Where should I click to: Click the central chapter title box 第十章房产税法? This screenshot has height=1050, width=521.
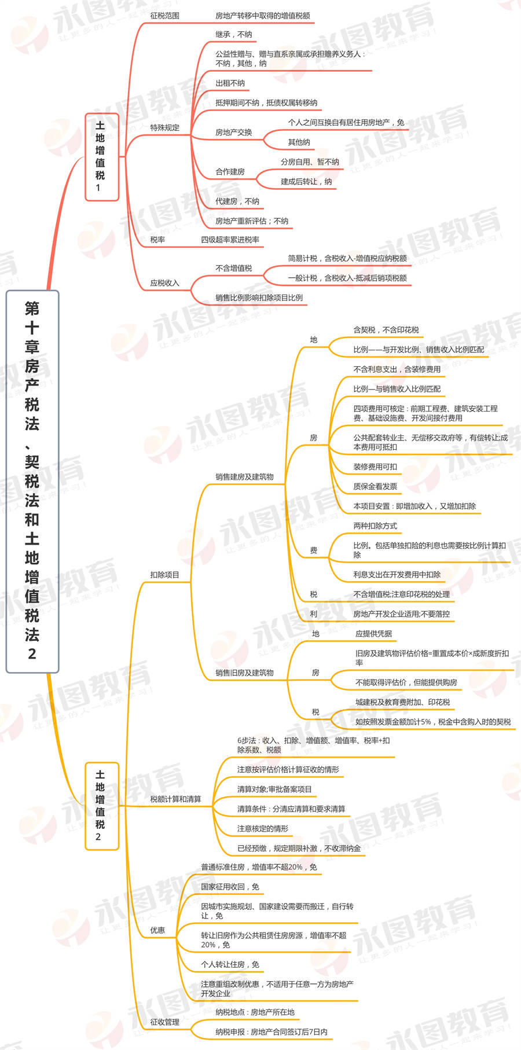(x=32, y=481)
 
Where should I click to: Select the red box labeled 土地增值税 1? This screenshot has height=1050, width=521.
(x=102, y=157)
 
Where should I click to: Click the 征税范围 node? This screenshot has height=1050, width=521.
(x=164, y=16)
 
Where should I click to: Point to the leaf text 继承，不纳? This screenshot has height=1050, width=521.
(x=233, y=35)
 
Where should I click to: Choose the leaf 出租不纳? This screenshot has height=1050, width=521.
(x=230, y=83)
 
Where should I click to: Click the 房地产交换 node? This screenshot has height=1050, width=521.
(x=233, y=133)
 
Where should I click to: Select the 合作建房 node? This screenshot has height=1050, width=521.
(x=230, y=172)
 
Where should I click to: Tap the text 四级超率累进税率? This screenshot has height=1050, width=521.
(x=230, y=240)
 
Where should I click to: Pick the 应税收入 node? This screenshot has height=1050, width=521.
(x=164, y=283)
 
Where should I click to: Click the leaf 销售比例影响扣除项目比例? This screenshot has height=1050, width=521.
(x=259, y=298)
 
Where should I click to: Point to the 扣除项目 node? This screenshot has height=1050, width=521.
(x=164, y=575)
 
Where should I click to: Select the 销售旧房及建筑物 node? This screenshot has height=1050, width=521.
(x=244, y=673)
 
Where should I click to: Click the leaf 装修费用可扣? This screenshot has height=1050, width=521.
(x=375, y=467)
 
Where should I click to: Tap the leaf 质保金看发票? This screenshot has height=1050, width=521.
(x=375, y=487)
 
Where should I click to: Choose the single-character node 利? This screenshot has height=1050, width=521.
(x=313, y=614)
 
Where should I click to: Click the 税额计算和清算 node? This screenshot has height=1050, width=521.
(x=175, y=799)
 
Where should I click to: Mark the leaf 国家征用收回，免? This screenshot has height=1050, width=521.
(x=230, y=887)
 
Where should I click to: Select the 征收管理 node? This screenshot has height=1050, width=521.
(x=164, y=1022)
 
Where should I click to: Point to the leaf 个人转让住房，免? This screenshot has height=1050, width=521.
(x=230, y=964)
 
